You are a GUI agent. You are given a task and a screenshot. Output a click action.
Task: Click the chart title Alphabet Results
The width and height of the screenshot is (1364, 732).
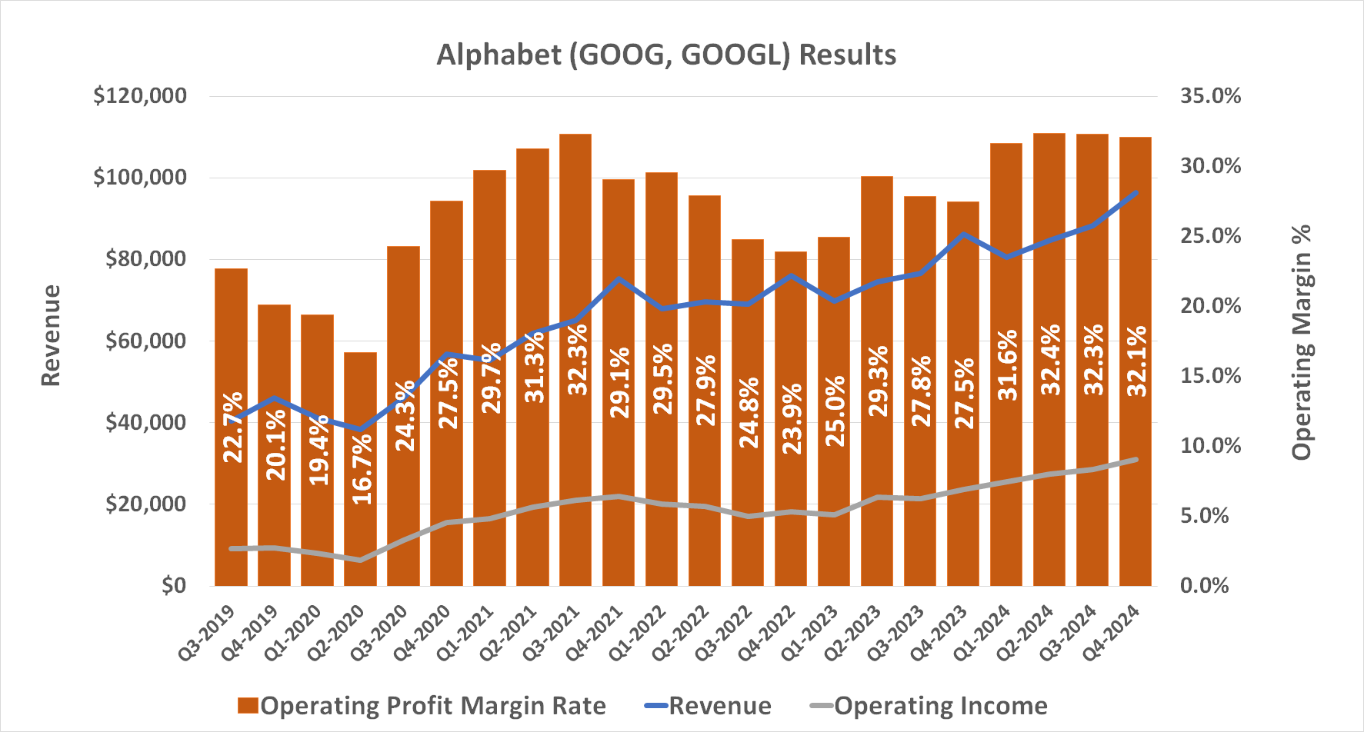(x=666, y=55)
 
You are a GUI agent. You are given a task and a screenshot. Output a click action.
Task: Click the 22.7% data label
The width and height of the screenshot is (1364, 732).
(x=233, y=428)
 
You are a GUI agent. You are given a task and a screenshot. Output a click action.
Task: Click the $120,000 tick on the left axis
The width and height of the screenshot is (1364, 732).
(x=140, y=96)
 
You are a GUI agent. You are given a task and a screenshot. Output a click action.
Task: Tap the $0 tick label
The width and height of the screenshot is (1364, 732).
(x=174, y=586)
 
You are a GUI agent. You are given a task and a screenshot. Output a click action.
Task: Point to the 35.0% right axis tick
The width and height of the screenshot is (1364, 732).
(x=1211, y=96)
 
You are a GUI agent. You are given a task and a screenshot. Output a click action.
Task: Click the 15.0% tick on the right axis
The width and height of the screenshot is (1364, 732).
(x=1211, y=376)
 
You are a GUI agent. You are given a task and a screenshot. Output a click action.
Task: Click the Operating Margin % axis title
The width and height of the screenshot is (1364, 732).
(x=1301, y=342)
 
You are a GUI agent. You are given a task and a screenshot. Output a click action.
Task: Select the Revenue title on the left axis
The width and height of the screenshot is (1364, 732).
(x=51, y=335)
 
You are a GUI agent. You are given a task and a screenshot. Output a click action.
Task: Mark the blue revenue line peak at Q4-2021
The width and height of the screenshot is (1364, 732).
(x=619, y=279)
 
